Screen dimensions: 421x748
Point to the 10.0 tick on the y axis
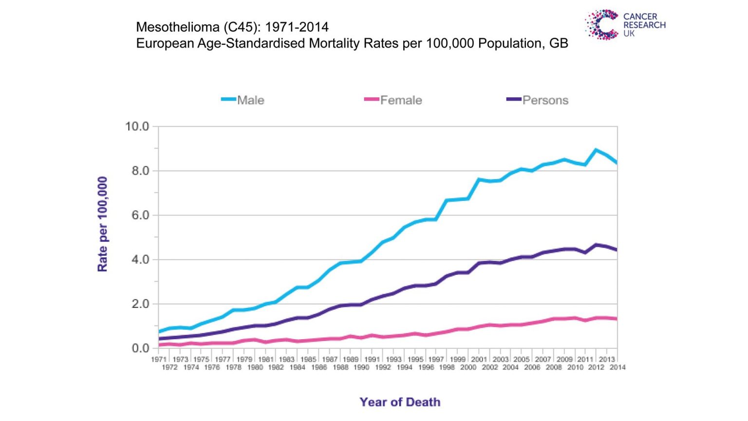[137, 126]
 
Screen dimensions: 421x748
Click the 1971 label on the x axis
[159, 359]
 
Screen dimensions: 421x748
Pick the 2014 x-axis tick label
[617, 367]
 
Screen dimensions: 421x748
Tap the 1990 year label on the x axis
[361, 367]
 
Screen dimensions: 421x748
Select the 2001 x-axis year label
[479, 359]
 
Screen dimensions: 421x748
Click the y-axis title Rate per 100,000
[102, 224]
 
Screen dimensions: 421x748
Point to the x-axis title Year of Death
[400, 402]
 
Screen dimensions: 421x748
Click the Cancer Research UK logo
[625, 24]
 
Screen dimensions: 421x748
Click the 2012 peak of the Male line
[596, 150]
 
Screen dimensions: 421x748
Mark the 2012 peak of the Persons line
[596, 245]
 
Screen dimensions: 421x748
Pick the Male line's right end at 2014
[617, 163]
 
